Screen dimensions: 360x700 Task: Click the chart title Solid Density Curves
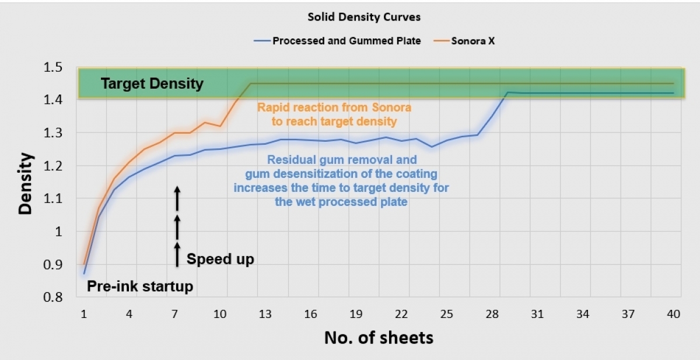pos(364,17)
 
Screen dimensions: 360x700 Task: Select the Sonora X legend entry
pos(473,41)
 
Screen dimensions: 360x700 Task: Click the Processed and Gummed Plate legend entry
pos(346,41)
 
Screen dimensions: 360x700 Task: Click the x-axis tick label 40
pos(673,314)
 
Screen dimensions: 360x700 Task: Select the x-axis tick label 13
pos(265,314)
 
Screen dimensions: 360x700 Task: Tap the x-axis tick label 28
pos(492,314)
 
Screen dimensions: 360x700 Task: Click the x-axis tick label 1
pos(84,314)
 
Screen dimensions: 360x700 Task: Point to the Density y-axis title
pos(26,183)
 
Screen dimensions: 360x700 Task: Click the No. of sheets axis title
pos(379,338)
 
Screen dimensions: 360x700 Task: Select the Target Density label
pos(152,84)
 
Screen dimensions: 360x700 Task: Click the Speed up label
pos(220,259)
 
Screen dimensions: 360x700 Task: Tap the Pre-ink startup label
pos(140,286)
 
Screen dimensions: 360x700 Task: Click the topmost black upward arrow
pos(178,198)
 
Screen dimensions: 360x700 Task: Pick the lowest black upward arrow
pos(178,254)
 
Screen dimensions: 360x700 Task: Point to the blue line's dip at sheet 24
pos(432,146)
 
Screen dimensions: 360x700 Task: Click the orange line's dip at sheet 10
pos(220,126)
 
